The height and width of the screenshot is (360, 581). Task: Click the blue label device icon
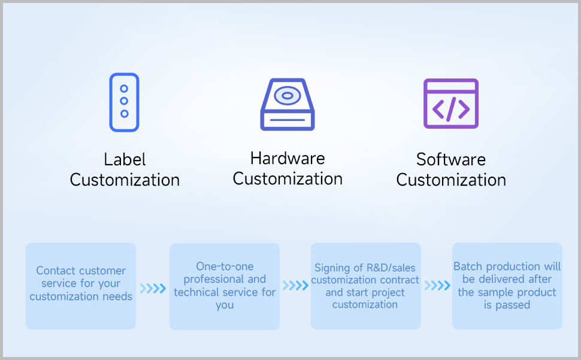coord(124,102)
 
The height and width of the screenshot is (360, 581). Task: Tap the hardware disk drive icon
coord(288,104)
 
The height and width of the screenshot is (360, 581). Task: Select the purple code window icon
coord(451,103)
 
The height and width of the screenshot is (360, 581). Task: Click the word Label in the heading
coord(125,160)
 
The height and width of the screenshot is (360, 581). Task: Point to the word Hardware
coord(288,159)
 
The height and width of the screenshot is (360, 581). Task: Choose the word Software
coord(451,160)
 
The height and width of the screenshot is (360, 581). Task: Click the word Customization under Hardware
coord(288,179)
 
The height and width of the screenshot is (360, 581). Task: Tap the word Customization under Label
coord(125,180)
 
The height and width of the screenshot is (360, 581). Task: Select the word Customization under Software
coord(451,180)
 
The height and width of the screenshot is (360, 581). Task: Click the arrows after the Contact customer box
coord(153,289)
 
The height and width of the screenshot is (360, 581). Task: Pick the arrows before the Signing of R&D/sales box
coord(295,285)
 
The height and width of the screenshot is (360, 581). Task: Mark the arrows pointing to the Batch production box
coord(437,285)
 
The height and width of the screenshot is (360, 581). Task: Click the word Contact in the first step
coord(56,271)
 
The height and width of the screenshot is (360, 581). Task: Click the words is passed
coord(507,305)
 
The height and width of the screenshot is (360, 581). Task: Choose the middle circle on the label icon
coord(124,101)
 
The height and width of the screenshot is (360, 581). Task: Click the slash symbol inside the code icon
coord(451,108)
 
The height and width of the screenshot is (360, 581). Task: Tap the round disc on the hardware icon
coord(287,95)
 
